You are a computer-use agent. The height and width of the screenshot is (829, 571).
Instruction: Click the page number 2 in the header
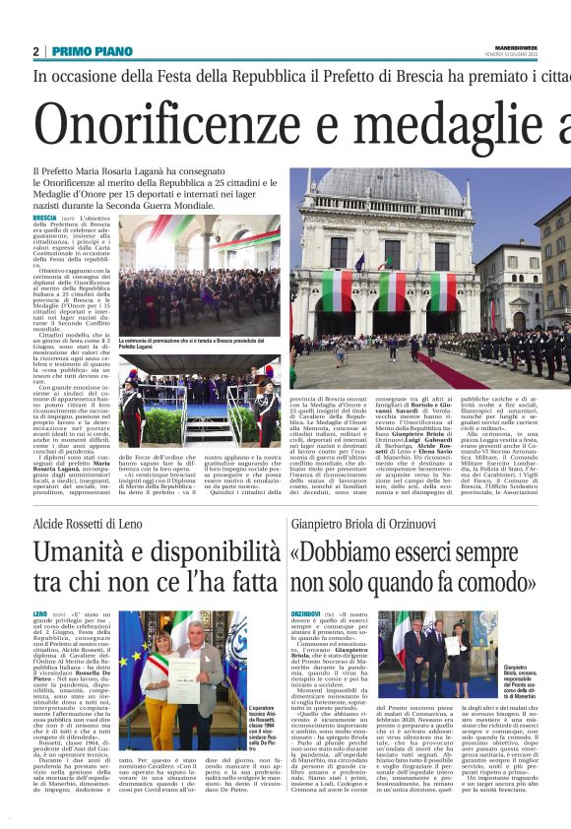point(35,51)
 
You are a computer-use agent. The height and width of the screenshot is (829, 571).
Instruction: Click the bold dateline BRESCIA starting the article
point(45,218)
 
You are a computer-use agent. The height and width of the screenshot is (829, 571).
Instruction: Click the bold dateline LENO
point(41,614)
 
